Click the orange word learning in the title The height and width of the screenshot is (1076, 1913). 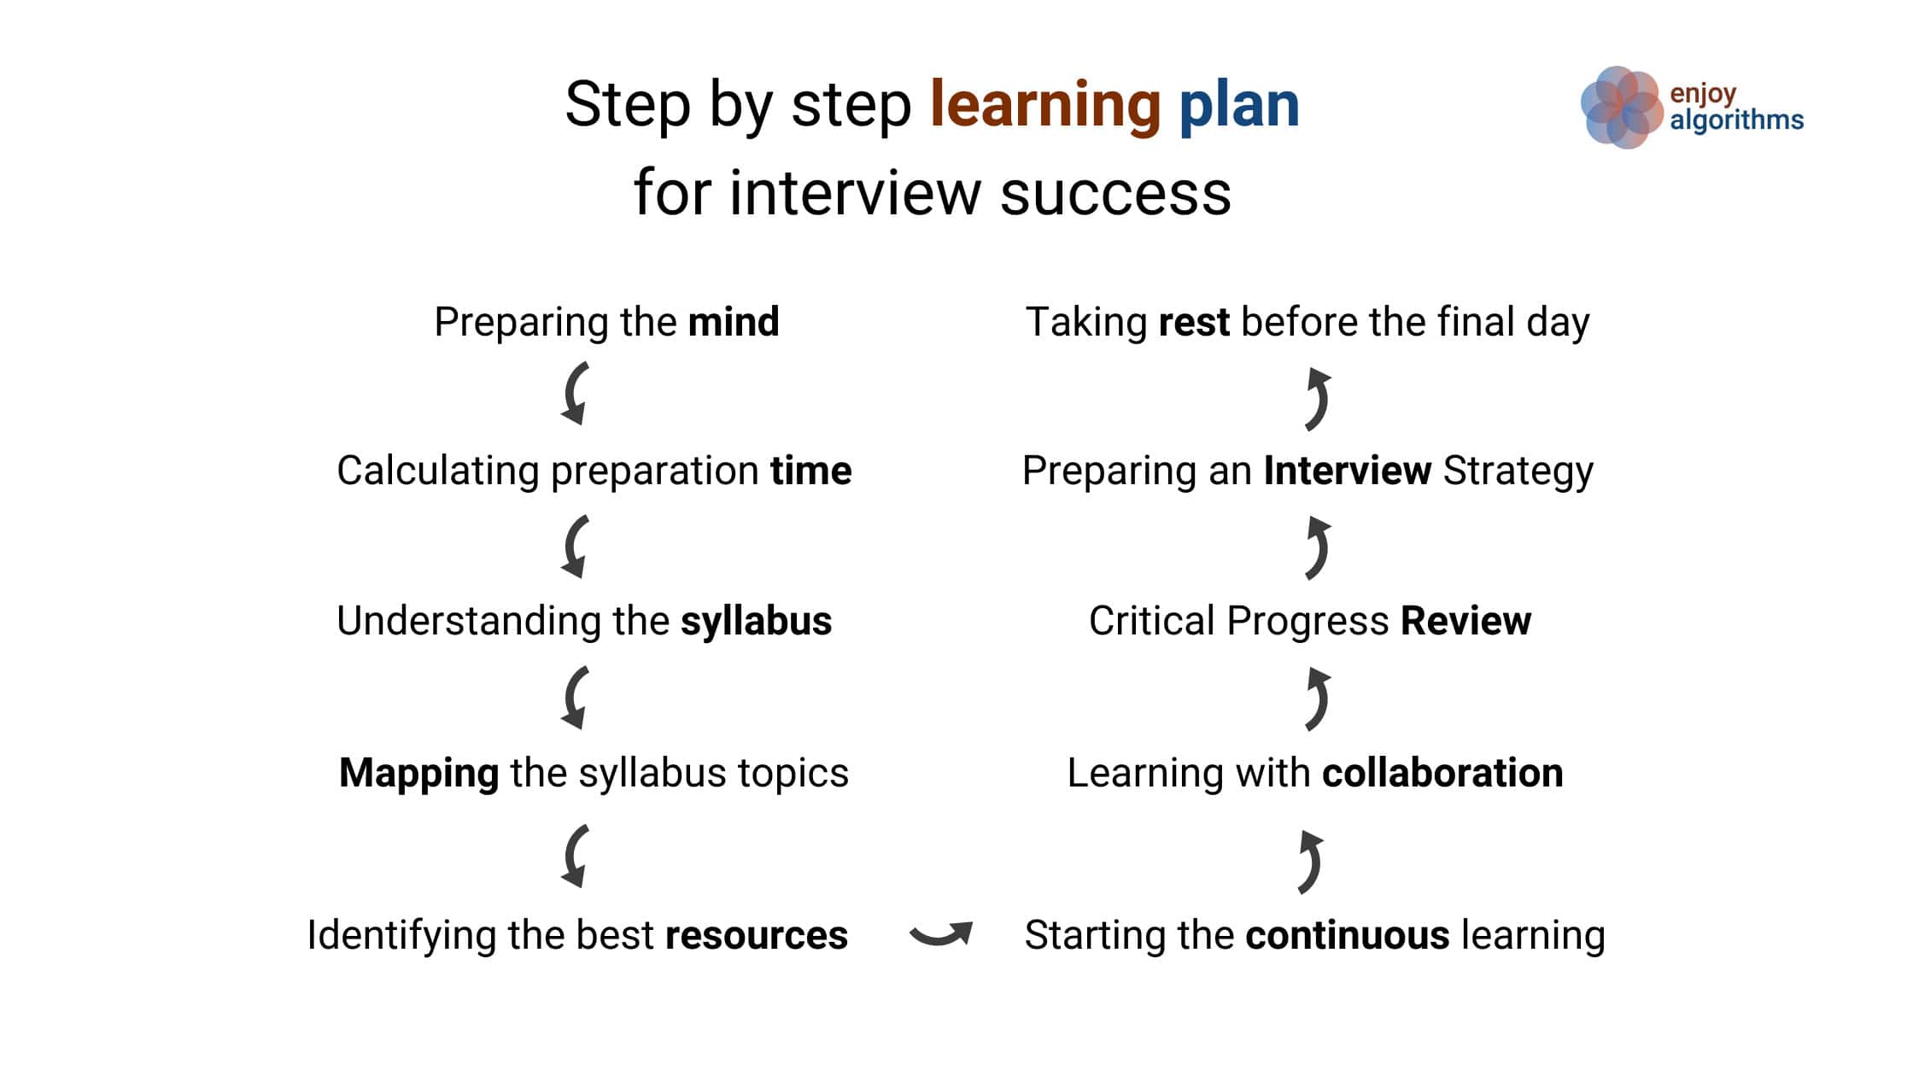point(1045,106)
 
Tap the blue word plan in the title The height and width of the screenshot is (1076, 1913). point(1239,106)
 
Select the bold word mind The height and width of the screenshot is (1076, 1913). point(734,322)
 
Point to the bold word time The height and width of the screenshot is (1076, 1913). point(811,471)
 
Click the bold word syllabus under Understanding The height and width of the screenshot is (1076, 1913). point(756,622)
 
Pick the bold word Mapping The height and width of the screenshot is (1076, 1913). point(419,774)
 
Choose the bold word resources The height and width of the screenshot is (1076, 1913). point(757,935)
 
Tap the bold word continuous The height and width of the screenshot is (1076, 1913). point(1348,935)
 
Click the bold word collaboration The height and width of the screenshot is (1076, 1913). point(1442,772)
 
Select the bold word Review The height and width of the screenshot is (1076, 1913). point(1465,621)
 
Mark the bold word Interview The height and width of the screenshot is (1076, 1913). point(1348,471)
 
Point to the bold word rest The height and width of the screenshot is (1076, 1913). point(1194,323)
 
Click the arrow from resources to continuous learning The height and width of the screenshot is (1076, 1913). point(940,937)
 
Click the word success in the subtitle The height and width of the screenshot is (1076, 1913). point(1115,194)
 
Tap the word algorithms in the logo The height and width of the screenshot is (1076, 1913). point(1737,120)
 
